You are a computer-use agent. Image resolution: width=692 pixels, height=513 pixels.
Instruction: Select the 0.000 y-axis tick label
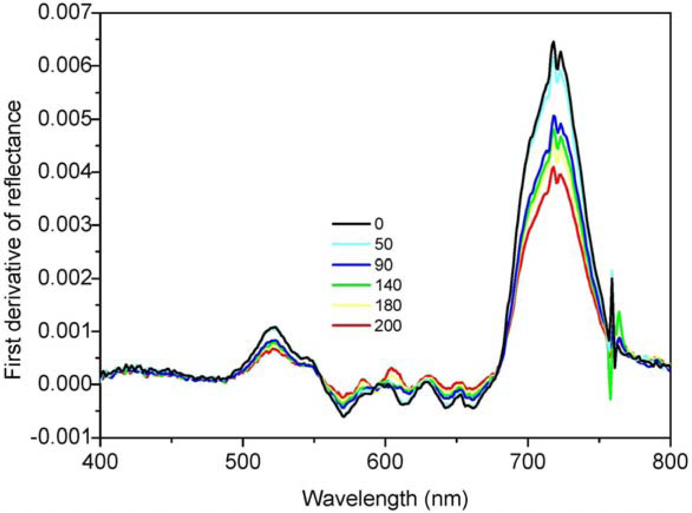pos(64,384)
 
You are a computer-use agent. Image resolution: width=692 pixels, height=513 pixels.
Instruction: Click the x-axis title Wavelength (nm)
pos(385,498)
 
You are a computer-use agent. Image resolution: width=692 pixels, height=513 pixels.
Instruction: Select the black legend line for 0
pos(351,224)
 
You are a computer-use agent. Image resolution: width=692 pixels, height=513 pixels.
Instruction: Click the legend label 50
pos(383,244)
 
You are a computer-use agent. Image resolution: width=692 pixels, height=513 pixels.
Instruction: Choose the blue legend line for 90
pos(351,265)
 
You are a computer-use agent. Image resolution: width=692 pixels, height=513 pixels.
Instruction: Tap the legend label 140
pos(388,285)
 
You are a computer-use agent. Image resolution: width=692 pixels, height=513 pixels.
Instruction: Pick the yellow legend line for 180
pos(351,305)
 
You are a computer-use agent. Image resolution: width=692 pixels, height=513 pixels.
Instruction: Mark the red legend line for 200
pos(351,326)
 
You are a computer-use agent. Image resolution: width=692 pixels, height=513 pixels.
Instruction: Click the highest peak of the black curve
pos(553,42)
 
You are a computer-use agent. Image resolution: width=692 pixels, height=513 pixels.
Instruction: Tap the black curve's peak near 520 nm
pos(274,327)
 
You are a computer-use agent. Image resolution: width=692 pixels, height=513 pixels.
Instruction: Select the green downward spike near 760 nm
pos(610,400)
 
